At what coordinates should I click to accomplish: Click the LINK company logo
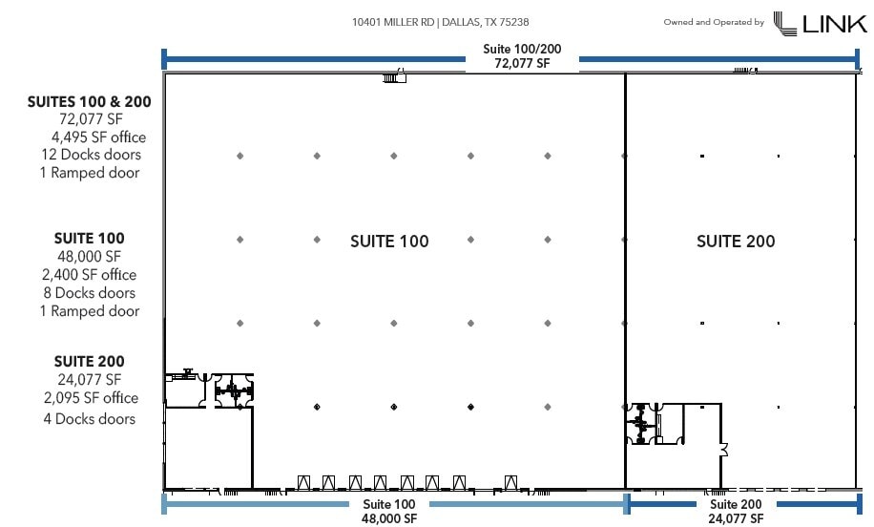tap(820, 23)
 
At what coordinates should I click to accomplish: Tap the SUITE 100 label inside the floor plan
tap(389, 242)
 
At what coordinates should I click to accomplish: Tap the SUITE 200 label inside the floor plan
tap(736, 242)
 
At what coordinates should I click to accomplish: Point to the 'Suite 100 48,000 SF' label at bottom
tap(389, 511)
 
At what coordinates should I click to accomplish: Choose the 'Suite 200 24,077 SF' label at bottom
tap(737, 511)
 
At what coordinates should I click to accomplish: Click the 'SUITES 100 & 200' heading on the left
tap(90, 100)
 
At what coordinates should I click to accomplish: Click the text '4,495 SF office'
tap(99, 137)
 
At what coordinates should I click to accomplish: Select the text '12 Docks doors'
tap(92, 155)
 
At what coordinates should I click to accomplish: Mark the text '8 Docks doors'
tap(90, 293)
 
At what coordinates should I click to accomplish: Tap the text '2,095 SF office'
tap(91, 398)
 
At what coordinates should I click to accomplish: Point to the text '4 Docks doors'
tap(90, 419)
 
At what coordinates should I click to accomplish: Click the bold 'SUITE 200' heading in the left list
tap(90, 362)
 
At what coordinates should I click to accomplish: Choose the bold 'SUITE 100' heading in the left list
tap(90, 239)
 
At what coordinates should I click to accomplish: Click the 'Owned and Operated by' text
tap(714, 22)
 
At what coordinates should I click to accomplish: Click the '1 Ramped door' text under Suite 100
tap(90, 311)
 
